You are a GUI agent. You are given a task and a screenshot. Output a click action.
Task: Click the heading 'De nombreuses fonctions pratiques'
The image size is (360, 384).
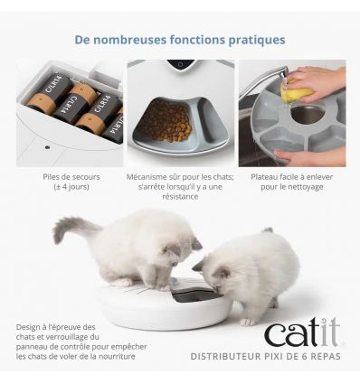pyautogui.click(x=180, y=40)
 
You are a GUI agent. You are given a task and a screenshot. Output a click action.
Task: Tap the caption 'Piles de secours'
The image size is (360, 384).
pyautogui.click(x=71, y=178)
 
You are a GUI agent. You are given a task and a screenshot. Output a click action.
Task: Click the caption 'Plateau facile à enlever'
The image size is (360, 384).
pyautogui.click(x=291, y=178)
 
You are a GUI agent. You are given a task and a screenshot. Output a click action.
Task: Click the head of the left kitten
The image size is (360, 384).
pyautogui.click(x=178, y=252)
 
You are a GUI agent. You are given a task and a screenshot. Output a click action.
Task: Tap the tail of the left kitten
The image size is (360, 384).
pyautogui.click(x=74, y=228)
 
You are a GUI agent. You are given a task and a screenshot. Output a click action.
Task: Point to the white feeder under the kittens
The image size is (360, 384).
pyautogui.click(x=163, y=307)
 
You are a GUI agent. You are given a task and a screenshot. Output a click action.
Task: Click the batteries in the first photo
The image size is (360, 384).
pyautogui.click(x=72, y=104)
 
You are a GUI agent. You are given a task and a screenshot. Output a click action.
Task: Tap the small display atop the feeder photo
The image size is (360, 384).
pyautogui.click(x=181, y=65)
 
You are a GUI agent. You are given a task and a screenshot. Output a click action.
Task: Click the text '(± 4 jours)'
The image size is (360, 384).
pyautogui.click(x=71, y=188)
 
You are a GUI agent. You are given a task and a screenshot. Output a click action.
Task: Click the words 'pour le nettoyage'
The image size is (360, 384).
pyautogui.click(x=291, y=188)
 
